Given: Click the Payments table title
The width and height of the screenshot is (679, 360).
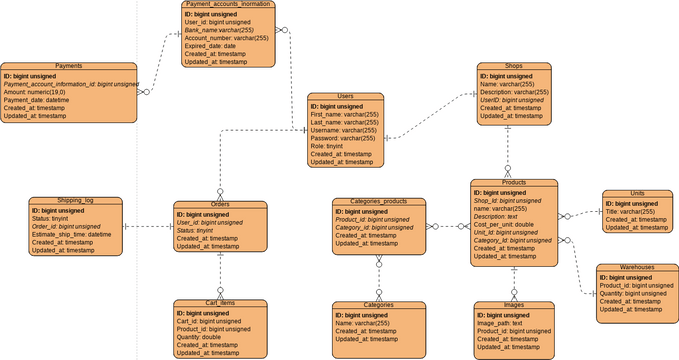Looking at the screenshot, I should [x=69, y=66].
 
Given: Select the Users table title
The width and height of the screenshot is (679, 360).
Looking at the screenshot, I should [x=345, y=97].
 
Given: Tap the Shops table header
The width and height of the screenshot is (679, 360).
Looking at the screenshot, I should [x=514, y=66].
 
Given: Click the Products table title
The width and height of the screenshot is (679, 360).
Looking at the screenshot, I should [x=514, y=183].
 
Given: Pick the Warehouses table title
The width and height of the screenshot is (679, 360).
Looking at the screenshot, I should [x=636, y=268].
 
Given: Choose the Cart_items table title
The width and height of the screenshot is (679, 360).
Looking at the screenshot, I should [x=219, y=303].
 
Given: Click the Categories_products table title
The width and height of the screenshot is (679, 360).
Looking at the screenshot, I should [x=379, y=202].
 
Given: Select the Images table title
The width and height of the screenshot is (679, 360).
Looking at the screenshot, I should [x=514, y=303].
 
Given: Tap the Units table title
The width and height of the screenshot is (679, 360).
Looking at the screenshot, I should [x=637, y=193].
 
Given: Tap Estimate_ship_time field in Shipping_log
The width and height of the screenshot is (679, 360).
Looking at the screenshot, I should [x=71, y=234].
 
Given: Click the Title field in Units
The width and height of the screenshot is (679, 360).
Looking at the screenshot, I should [x=630, y=211].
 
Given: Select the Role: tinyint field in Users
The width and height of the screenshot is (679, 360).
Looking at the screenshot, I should [x=326, y=146].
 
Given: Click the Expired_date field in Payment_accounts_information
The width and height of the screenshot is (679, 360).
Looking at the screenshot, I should [x=210, y=46].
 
